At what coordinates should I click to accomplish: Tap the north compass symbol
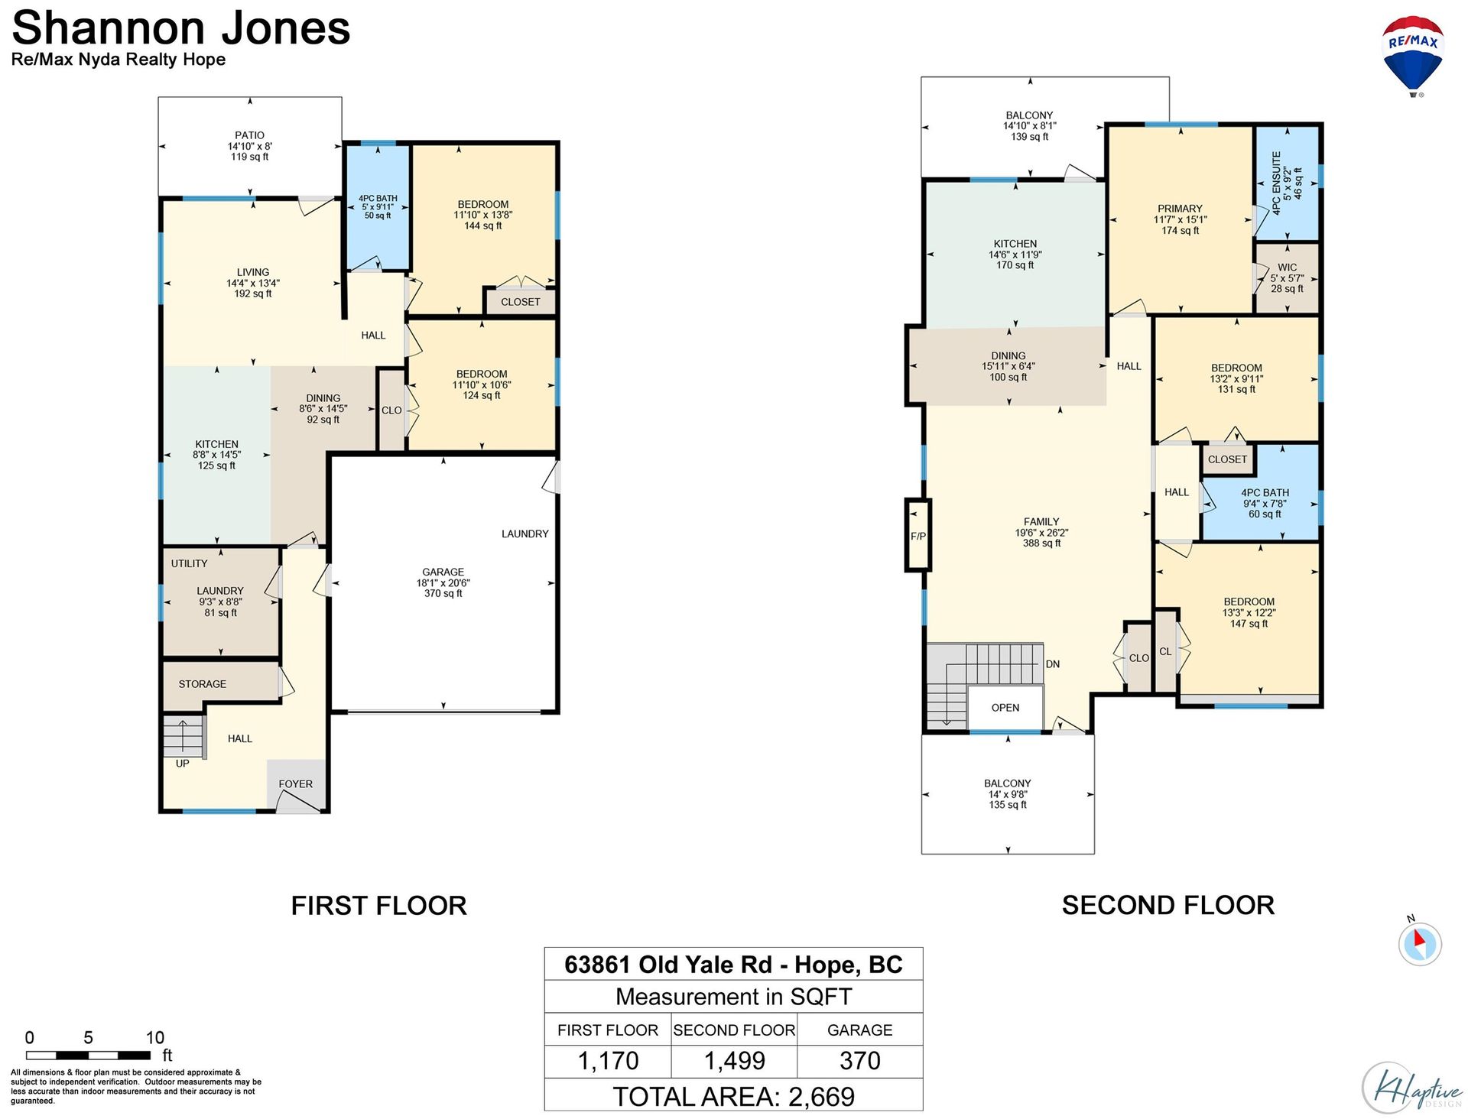[x=1420, y=942]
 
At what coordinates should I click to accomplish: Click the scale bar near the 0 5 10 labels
[x=88, y=1056]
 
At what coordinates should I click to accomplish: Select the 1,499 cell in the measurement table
[x=734, y=1061]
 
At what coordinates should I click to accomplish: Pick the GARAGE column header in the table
[x=859, y=1030]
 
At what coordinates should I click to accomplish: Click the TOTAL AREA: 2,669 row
[x=734, y=1096]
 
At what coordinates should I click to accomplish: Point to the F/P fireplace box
[x=917, y=535]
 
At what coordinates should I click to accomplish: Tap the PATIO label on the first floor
[x=249, y=135]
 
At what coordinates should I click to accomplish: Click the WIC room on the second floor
[x=1288, y=278]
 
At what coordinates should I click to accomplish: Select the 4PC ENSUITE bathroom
[x=1288, y=183]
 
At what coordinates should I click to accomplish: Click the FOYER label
[x=295, y=784]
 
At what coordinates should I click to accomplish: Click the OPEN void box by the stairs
[x=1005, y=708]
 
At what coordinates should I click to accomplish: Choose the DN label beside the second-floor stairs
[x=1053, y=664]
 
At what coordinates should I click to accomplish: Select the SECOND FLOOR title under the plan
[x=1168, y=905]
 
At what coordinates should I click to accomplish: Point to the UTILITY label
[x=189, y=563]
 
